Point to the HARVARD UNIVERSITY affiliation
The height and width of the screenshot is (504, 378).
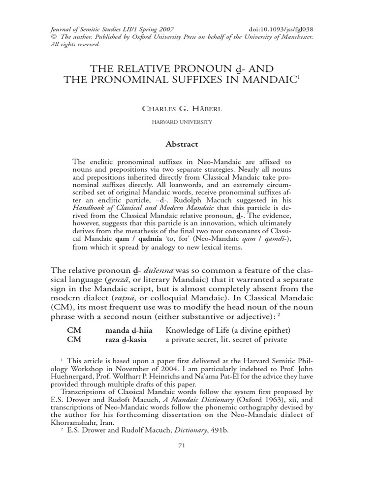click(x=189, y=122)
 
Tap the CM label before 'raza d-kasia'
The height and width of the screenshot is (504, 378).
click(x=74, y=340)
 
